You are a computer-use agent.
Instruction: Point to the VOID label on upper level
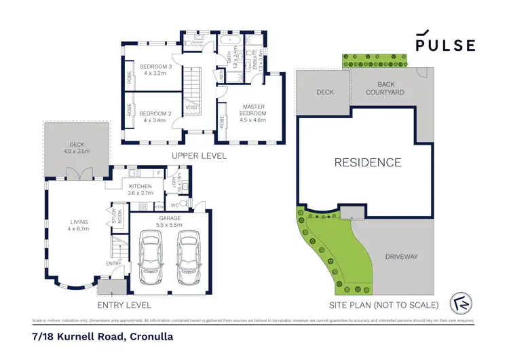coord(191,107)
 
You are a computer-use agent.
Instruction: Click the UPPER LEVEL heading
coord(199,156)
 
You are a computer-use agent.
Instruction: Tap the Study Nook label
coord(115,217)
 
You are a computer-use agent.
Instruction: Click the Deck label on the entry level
coord(77,147)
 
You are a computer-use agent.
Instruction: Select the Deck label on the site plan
coord(323,92)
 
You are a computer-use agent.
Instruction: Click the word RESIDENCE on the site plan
coord(367,162)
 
